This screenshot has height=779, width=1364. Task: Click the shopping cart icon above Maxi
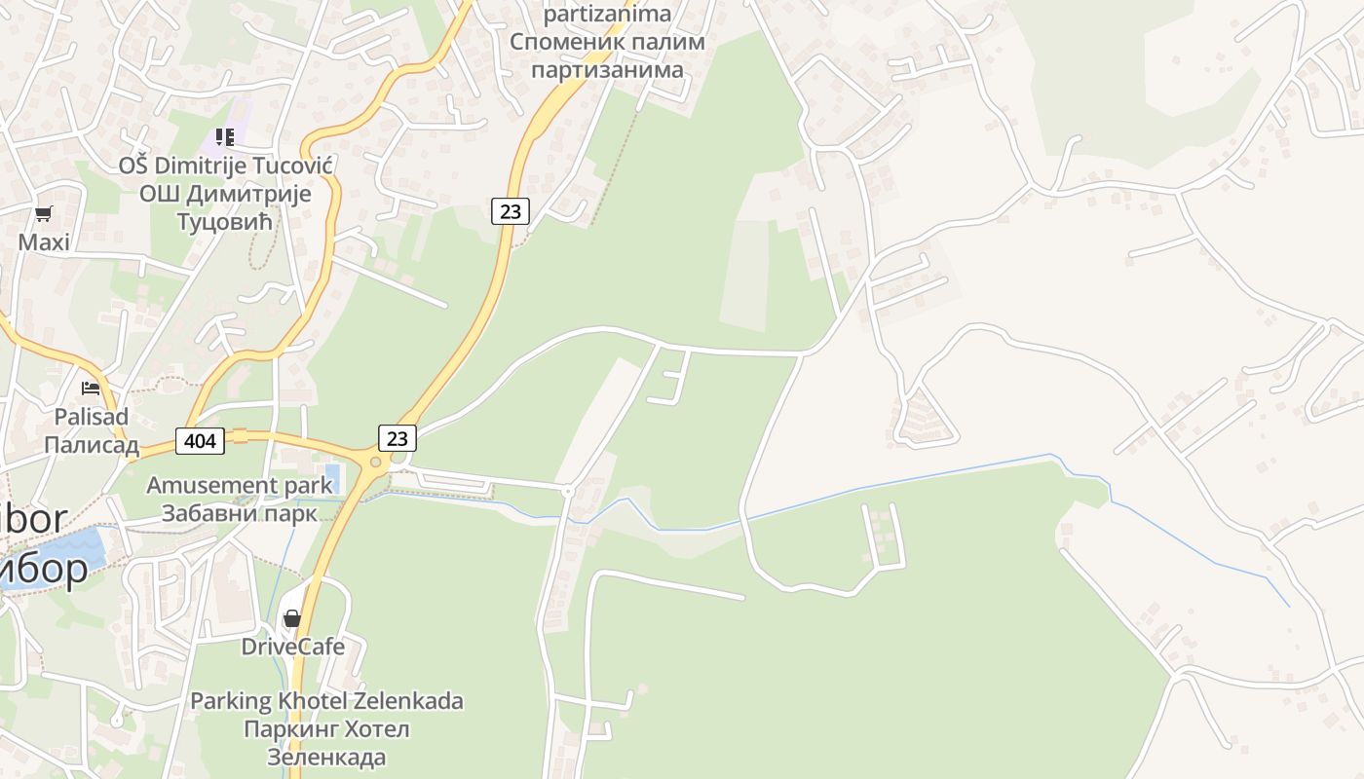click(43, 214)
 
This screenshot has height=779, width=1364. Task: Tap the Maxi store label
click(44, 241)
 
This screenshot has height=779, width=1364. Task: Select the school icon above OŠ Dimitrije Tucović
click(225, 137)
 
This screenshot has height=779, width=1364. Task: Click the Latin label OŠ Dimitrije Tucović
click(226, 166)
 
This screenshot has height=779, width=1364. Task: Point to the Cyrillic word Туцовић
click(226, 222)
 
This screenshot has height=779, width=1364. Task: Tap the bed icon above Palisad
click(91, 389)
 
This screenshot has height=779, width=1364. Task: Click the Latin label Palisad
click(92, 417)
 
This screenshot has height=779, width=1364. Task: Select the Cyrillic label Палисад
click(92, 445)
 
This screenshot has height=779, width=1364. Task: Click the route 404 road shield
click(200, 441)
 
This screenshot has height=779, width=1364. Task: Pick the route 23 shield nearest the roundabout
click(398, 438)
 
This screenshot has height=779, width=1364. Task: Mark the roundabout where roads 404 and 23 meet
click(375, 463)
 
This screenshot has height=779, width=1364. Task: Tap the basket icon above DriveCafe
click(292, 618)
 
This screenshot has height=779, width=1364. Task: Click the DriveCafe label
click(293, 647)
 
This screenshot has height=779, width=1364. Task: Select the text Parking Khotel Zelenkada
click(326, 701)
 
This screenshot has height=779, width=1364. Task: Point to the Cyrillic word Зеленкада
click(326, 757)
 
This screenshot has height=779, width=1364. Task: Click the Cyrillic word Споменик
click(566, 43)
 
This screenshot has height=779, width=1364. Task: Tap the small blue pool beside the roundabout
click(332, 476)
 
